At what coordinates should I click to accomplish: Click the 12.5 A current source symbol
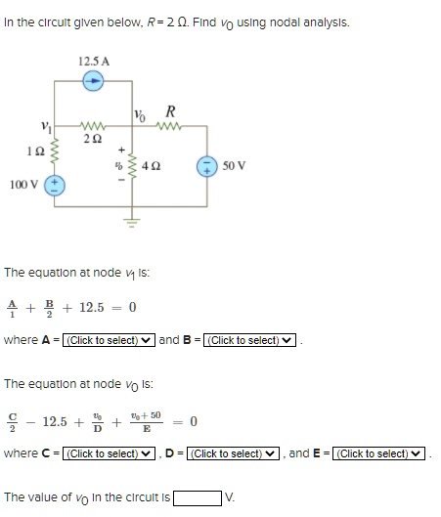(93, 81)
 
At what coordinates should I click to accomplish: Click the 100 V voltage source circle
(55, 186)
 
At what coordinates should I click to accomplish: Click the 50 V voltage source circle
(207, 166)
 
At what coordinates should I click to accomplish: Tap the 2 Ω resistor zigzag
(92, 126)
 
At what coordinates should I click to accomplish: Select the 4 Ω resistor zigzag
(133, 166)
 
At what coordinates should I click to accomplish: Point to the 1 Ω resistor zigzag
(55, 151)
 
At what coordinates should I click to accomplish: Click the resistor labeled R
(168, 126)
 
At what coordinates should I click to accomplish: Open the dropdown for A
(109, 340)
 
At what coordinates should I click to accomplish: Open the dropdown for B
(249, 340)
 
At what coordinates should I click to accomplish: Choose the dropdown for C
(109, 453)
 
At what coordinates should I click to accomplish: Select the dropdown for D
(233, 453)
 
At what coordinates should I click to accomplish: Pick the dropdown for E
(378, 453)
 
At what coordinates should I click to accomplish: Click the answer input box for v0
(198, 497)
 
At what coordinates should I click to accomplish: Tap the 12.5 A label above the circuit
(94, 62)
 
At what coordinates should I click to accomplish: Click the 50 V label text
(234, 165)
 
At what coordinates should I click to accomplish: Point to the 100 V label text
(24, 185)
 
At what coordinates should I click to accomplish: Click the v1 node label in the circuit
(46, 127)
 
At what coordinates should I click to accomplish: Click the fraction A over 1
(12, 309)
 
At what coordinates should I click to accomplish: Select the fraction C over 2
(12, 422)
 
